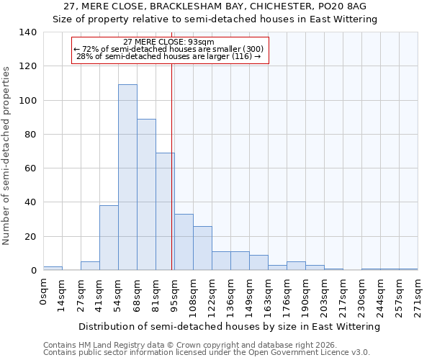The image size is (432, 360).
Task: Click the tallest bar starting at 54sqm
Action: pyautogui.click(x=127, y=177)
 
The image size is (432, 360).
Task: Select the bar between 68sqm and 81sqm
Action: pyautogui.click(x=146, y=194)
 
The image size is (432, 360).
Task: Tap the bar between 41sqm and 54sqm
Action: pyautogui.click(x=109, y=238)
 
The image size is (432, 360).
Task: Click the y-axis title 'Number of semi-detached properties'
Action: pyautogui.click(x=6, y=156)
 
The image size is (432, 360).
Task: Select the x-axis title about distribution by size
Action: pyautogui.click(x=229, y=327)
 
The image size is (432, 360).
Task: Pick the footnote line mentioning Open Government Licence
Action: pyautogui.click(x=206, y=353)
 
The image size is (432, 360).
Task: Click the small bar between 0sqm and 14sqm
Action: pyautogui.click(x=53, y=268)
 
